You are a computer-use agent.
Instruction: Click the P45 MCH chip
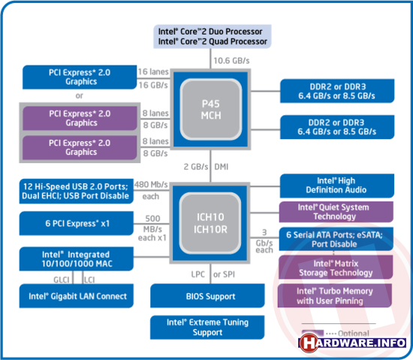[x=210, y=110]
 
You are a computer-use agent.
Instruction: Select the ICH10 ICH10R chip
[x=210, y=223]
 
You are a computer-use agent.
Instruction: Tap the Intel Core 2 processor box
[x=213, y=37]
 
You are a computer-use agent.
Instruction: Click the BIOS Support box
[x=207, y=295]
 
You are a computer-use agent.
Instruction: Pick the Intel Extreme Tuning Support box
[x=207, y=328]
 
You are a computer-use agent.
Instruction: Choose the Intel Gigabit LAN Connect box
[x=77, y=296]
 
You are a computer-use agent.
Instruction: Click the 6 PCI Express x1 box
[x=77, y=223]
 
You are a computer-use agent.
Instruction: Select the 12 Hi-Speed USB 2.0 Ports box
[x=77, y=191]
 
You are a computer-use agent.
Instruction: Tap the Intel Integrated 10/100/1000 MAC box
[x=77, y=259]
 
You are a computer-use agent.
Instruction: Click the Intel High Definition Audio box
[x=337, y=186]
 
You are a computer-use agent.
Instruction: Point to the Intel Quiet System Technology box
[x=336, y=212]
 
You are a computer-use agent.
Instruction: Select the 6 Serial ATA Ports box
[x=336, y=239]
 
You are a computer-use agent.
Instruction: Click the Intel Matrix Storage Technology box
[x=336, y=268]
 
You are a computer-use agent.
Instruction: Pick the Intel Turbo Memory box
[x=335, y=295]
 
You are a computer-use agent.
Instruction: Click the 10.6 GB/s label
[x=231, y=61]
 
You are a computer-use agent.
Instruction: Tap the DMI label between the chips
[x=222, y=167]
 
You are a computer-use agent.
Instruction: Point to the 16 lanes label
[x=153, y=71]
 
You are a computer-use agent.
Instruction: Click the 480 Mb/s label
[x=151, y=184]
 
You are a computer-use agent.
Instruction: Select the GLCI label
[x=62, y=280]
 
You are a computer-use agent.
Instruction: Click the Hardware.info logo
[x=352, y=343]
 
